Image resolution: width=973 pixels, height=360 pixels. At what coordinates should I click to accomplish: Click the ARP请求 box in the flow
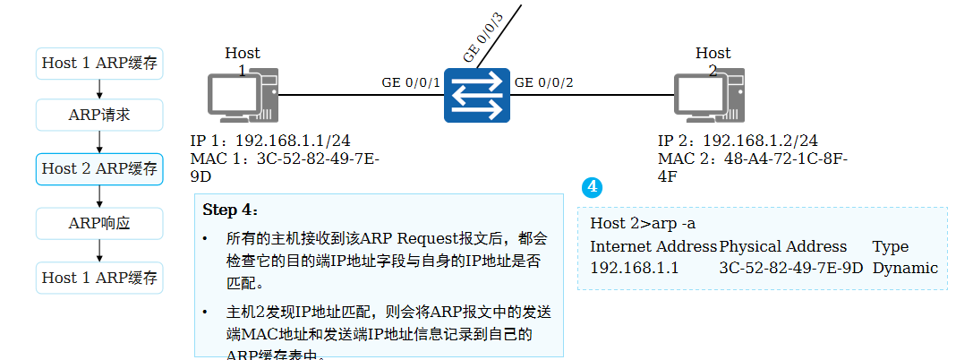pyautogui.click(x=99, y=115)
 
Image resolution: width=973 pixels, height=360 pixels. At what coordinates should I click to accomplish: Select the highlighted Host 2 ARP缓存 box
pyautogui.click(x=99, y=168)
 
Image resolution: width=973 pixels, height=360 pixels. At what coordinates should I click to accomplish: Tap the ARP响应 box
pyautogui.click(x=99, y=223)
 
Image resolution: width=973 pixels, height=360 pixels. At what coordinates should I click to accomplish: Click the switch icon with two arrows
pyautogui.click(x=476, y=96)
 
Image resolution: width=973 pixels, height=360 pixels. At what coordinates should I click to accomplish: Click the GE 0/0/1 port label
pyautogui.click(x=411, y=82)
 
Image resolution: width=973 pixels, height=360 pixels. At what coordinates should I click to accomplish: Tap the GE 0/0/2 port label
pyautogui.click(x=543, y=82)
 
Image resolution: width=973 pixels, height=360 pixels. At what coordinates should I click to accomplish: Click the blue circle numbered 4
pyautogui.click(x=591, y=187)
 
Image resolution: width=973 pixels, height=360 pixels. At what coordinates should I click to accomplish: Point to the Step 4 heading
pyautogui.click(x=230, y=210)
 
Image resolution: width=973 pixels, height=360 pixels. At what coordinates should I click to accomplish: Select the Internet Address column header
pyautogui.click(x=653, y=246)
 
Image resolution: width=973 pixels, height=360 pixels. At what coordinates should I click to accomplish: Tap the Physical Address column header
pyautogui.click(x=783, y=246)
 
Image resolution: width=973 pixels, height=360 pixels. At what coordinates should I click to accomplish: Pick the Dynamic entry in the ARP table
pyautogui.click(x=905, y=268)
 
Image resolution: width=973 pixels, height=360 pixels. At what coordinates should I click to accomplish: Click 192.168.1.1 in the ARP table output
pyautogui.click(x=634, y=268)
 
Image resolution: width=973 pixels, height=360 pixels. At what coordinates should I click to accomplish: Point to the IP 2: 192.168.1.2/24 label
pyautogui.click(x=738, y=141)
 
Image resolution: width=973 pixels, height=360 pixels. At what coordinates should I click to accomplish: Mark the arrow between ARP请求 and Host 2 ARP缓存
pyautogui.click(x=99, y=141)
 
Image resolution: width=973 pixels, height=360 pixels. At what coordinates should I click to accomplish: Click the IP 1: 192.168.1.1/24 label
pyautogui.click(x=270, y=141)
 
